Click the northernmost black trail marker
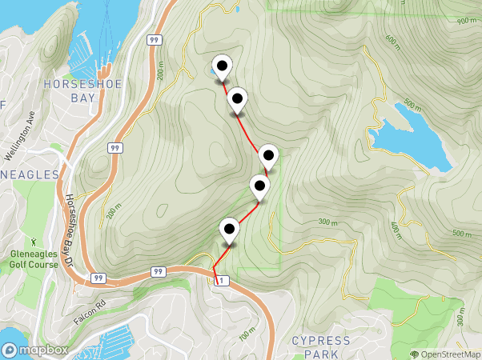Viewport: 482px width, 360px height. [221, 67]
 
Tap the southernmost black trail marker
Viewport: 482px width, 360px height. [230, 230]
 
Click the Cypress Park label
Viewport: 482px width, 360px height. [320, 346]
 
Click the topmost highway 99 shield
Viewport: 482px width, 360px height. [153, 39]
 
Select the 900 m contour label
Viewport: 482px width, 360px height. [466, 21]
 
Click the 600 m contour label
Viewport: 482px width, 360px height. [392, 39]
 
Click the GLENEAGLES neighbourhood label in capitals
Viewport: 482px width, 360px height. [29, 174]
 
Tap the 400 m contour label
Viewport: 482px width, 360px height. [396, 229]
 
